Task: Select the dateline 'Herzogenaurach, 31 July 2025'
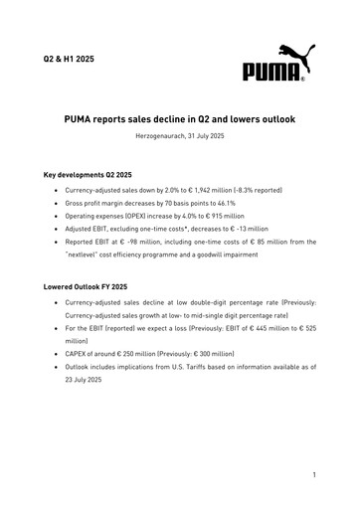pyautogui.click(x=180, y=135)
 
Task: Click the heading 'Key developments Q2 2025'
pyautogui.click(x=90, y=175)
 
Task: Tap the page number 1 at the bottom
pyautogui.click(x=313, y=475)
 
